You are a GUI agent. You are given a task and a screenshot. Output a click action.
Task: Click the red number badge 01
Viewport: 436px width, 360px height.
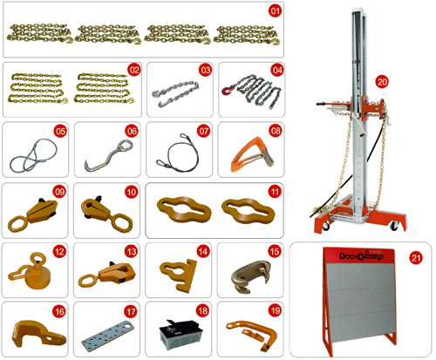tap(275, 11)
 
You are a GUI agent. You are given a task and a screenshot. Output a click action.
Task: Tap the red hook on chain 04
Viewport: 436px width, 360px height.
tap(227, 90)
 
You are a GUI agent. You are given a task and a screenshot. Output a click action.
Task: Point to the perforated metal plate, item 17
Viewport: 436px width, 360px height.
tap(107, 334)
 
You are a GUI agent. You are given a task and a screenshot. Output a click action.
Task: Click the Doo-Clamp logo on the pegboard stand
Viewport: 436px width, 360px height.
tap(361, 255)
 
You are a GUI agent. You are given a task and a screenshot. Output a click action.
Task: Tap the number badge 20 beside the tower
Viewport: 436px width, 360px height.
tap(382, 82)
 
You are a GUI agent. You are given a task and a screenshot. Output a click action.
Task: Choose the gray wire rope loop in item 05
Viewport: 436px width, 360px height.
tap(33, 154)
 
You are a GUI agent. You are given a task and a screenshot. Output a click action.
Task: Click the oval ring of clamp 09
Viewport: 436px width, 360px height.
tap(17, 224)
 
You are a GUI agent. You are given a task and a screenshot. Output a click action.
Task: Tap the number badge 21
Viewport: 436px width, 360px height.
tap(416, 258)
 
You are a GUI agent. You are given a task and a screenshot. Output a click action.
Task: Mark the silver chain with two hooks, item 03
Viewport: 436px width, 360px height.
tap(176, 93)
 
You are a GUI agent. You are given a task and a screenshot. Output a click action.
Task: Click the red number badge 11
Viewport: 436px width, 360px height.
tap(275, 192)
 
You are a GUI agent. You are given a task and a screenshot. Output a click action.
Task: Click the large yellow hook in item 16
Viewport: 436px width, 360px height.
tap(38, 334)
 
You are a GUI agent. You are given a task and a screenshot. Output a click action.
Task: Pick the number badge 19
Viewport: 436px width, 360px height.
tap(275, 311)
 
